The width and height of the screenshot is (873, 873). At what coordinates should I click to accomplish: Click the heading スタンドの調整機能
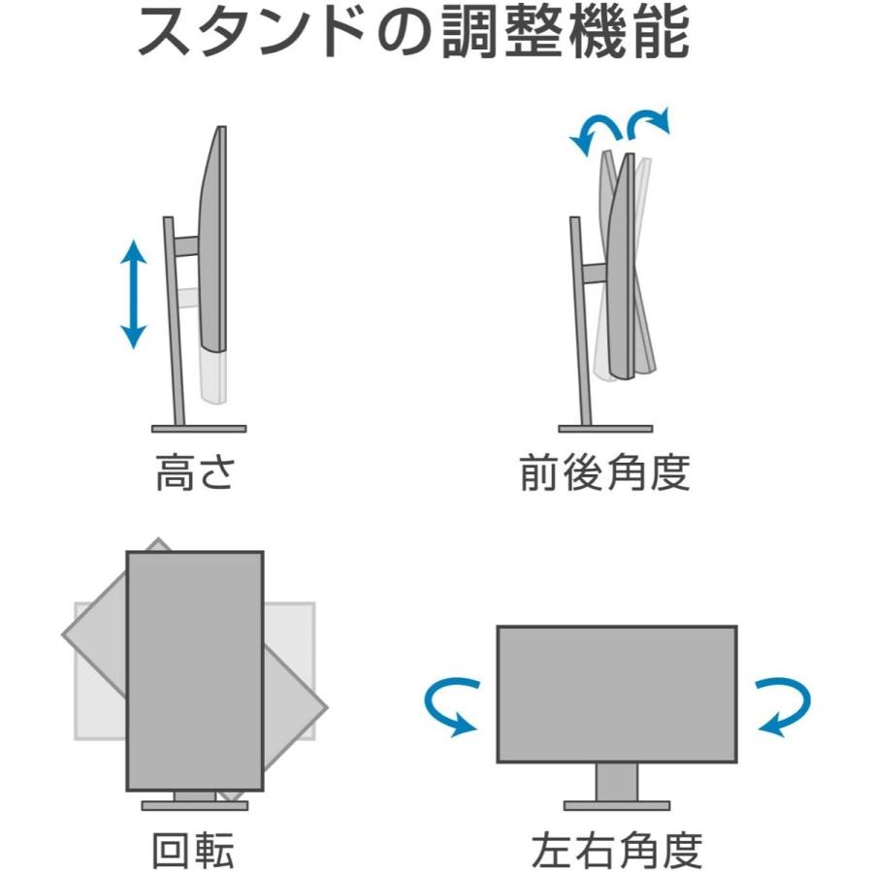(412, 34)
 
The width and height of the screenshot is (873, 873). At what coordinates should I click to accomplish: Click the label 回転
(193, 851)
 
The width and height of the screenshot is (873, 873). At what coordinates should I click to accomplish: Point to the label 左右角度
(616, 851)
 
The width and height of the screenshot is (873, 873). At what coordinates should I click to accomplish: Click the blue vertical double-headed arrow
(133, 294)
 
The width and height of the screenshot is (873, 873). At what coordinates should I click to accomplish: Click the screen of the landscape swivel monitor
(617, 694)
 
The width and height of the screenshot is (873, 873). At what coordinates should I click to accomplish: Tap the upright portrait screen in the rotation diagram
(195, 669)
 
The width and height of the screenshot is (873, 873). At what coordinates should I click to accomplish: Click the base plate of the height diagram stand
(199, 428)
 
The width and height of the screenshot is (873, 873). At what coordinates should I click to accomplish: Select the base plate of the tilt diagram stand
(605, 428)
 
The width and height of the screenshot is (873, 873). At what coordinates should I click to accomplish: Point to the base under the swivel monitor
(617, 805)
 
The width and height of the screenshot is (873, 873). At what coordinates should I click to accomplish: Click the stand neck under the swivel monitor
(617, 781)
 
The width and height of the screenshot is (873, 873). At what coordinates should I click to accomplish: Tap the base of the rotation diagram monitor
(195, 805)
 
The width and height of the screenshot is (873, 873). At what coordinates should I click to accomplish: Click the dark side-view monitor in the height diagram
(212, 242)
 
